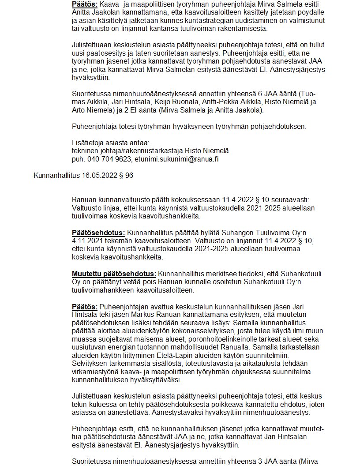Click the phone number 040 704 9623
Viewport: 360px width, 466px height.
point(107,159)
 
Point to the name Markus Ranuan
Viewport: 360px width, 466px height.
point(166,314)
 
